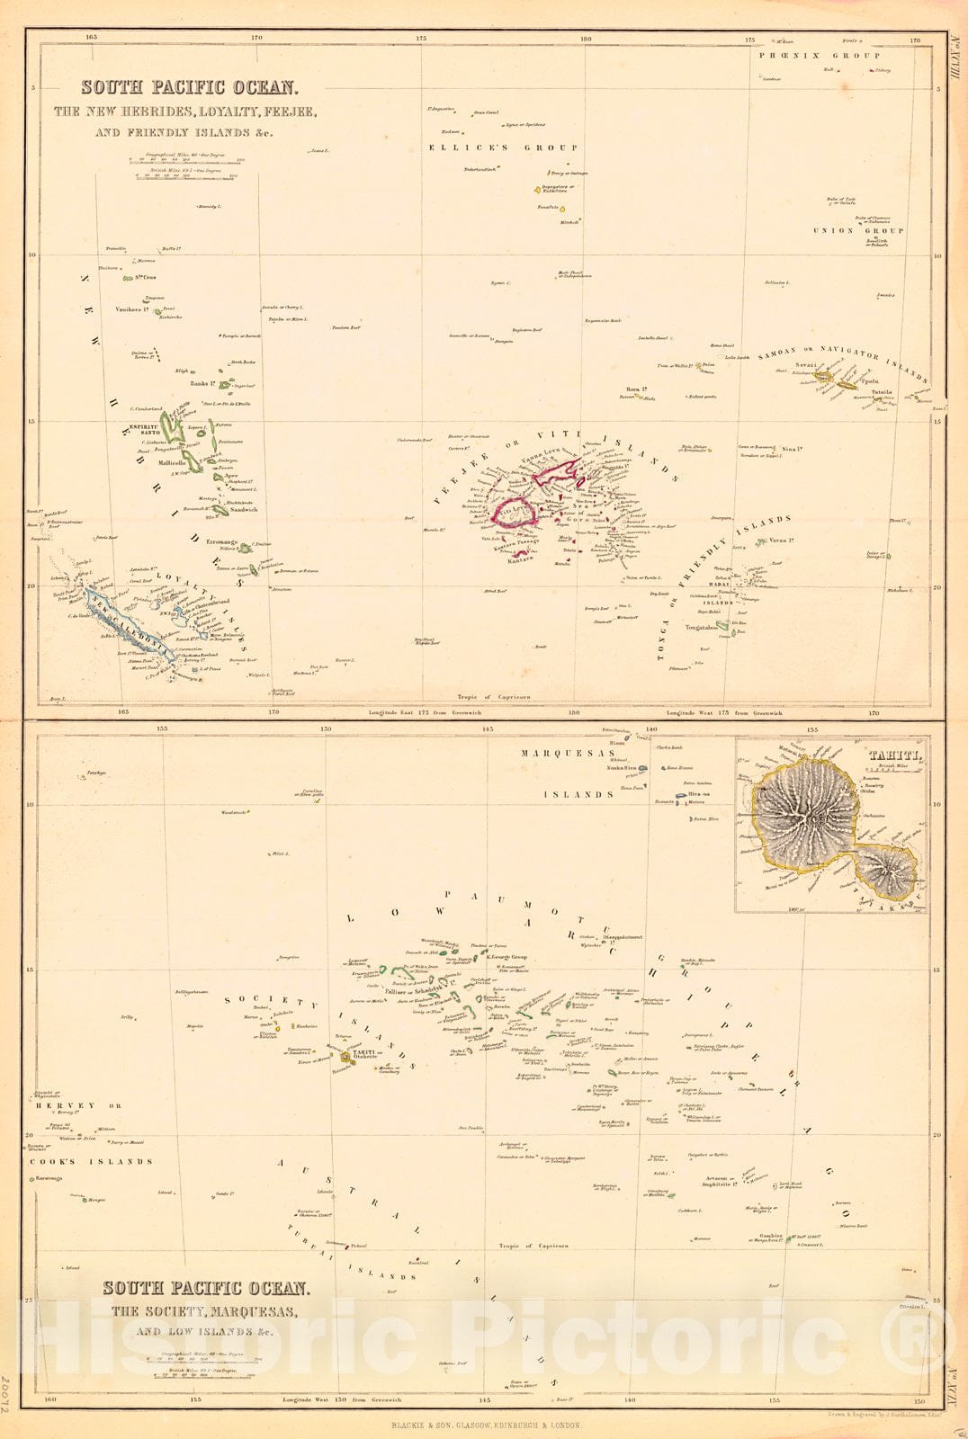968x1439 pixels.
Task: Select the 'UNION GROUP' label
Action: tap(858, 231)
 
